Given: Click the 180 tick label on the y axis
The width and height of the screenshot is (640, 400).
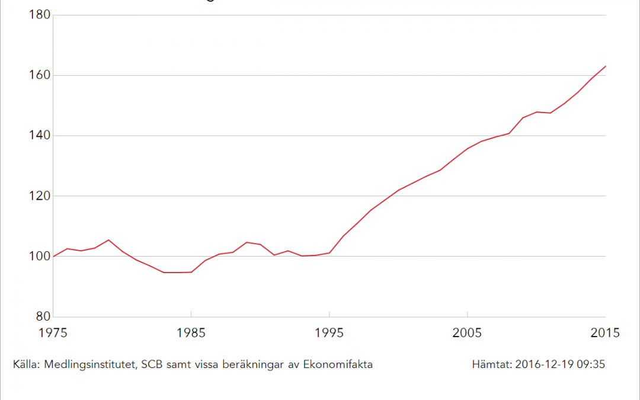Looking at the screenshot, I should pos(39,15).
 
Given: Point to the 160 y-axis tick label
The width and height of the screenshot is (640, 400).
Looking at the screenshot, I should pos(39,75).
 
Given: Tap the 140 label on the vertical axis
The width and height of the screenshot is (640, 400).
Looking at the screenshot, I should pos(39,136).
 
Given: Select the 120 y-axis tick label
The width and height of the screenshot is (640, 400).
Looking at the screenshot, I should pos(39,196).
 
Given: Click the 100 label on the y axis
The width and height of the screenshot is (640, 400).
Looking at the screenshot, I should pos(39,257).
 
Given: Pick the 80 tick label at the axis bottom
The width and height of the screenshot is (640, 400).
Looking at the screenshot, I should pos(41,317).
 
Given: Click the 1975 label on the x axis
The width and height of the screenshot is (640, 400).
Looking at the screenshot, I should pos(53,333).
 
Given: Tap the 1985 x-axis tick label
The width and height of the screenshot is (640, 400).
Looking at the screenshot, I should pos(191,333).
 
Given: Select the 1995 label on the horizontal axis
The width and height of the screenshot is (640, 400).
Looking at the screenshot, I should pos(329,333).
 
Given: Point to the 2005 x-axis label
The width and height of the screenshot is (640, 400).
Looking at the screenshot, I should pos(468,333).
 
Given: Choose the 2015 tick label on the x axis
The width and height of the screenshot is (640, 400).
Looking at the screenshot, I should pos(605,333).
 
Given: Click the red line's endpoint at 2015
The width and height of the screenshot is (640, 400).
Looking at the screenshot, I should pos(606,66).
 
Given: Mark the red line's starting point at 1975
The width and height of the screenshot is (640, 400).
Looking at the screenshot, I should pos(53,257).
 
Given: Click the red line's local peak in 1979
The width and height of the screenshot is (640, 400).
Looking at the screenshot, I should pos(108,240).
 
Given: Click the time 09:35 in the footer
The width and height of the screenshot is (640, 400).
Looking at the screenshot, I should pos(591,364).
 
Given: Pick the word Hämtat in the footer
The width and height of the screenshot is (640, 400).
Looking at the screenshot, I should pos(491,364).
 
